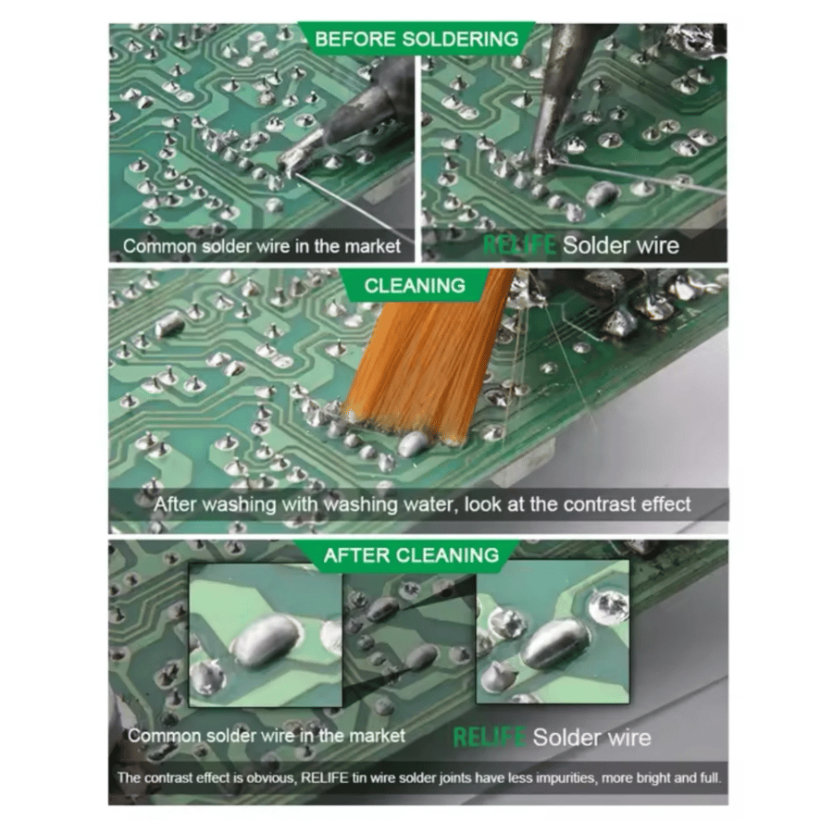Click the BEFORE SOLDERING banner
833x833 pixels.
[x=416, y=39]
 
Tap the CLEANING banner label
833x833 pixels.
[x=415, y=286]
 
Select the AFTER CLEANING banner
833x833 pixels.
[x=411, y=555]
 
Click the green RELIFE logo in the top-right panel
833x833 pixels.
[x=519, y=245]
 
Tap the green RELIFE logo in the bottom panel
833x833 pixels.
[x=490, y=738]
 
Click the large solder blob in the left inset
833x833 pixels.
[x=266, y=640]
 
